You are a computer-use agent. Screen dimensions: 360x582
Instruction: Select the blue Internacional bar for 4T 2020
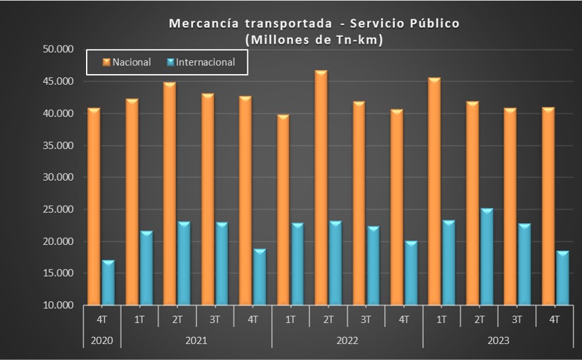point(108,283)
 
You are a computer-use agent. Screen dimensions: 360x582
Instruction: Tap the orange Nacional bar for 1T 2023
point(435,192)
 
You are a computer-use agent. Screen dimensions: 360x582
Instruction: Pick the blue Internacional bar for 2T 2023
point(487,257)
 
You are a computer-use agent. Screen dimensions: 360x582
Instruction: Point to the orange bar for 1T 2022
point(284,210)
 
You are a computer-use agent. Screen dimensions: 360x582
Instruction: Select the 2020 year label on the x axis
point(102,341)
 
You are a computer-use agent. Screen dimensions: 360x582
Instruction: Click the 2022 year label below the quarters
point(347,341)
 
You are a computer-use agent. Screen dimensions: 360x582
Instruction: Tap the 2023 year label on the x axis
point(499,341)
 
